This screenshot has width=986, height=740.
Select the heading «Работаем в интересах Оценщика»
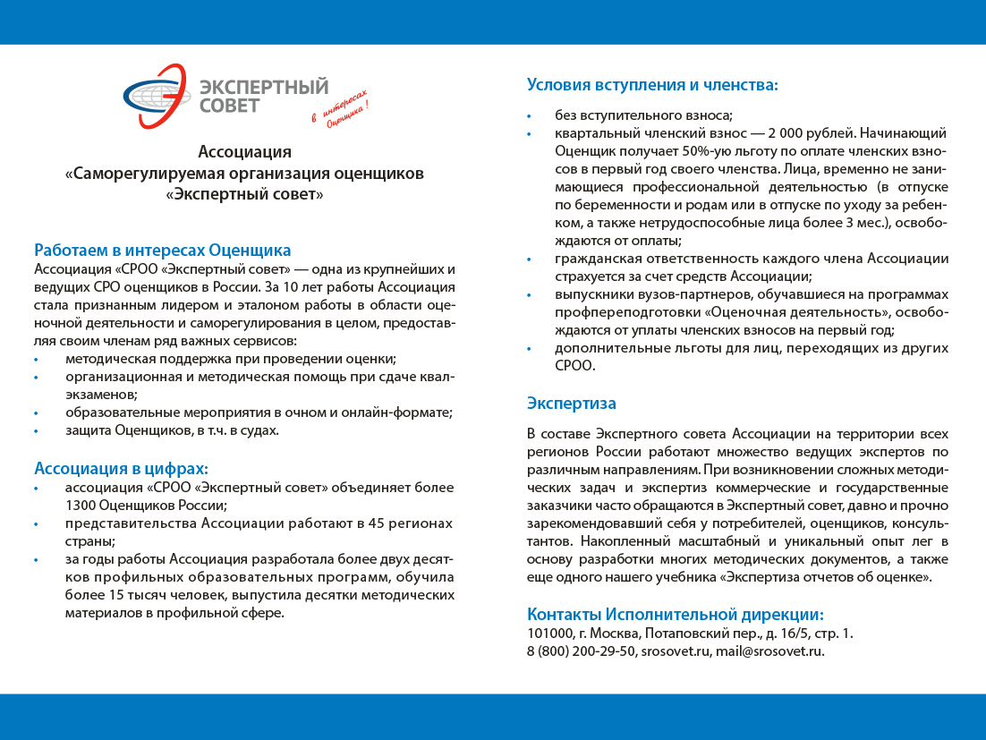click(x=163, y=250)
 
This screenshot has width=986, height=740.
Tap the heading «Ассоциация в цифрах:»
click(x=121, y=468)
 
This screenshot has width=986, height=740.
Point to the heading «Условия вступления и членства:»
click(x=652, y=85)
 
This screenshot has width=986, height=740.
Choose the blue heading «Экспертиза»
click(x=571, y=404)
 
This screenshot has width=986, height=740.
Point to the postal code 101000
click(x=549, y=634)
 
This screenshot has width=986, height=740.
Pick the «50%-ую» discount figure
click(x=707, y=150)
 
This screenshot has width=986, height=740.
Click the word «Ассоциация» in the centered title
click(x=244, y=151)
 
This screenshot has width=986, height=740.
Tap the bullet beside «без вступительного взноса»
click(x=529, y=116)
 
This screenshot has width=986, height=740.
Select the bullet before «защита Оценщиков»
click(x=36, y=431)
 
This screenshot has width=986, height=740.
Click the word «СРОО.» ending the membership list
click(x=574, y=366)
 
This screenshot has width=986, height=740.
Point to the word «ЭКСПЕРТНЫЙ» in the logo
click(x=264, y=87)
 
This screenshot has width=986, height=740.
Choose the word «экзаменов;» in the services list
click(x=101, y=395)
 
